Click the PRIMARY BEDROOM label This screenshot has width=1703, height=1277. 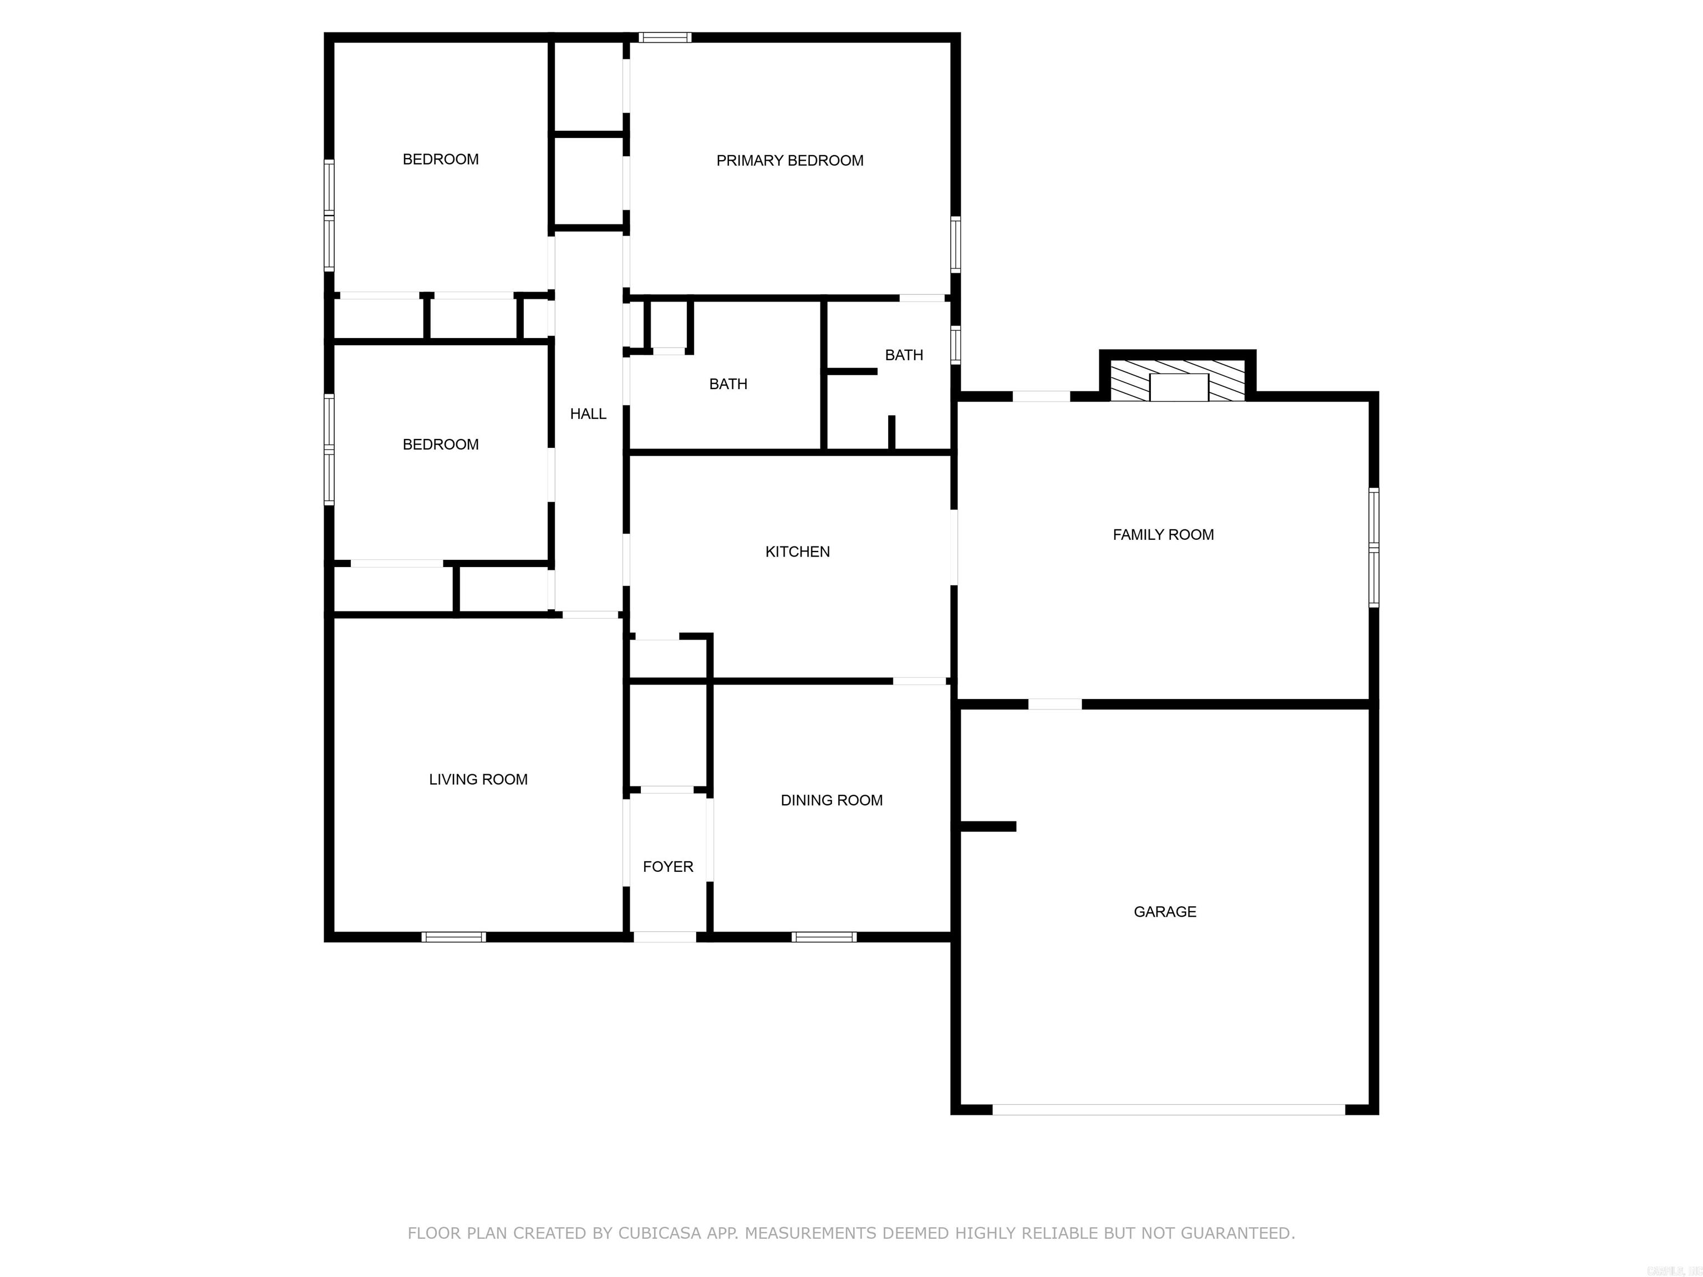pos(789,160)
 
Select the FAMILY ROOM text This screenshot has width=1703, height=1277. pos(1162,534)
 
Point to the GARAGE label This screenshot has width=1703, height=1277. pos(1164,911)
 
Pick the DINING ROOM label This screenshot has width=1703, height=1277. pos(831,800)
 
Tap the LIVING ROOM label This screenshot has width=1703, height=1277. pos(477,779)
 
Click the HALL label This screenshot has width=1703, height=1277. pos(588,413)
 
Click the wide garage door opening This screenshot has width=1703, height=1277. pos(1168,1109)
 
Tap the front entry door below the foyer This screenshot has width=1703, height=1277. pos(665,937)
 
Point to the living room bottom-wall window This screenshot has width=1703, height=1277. pos(453,937)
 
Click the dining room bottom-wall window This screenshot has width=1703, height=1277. pos(824,937)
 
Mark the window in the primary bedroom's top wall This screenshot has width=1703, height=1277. pos(665,37)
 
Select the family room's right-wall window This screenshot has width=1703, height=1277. pos(1374,547)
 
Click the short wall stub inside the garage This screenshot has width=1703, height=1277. pos(988,826)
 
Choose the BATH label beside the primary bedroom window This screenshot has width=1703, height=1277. pos(903,355)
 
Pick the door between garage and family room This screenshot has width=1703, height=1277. pos(1055,703)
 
